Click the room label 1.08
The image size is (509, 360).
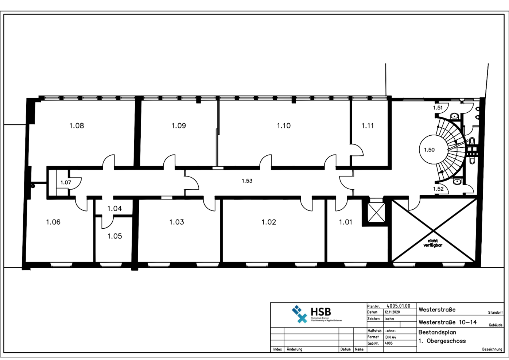[x=77, y=126]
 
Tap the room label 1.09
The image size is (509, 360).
[x=179, y=126]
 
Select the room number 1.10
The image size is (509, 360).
[x=284, y=126]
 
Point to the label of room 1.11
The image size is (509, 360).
[x=368, y=126]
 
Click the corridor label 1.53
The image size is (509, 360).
[x=247, y=181]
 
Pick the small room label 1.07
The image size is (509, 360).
[x=66, y=183]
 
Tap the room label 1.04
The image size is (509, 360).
[x=114, y=209]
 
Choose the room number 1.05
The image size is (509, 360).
[x=114, y=236]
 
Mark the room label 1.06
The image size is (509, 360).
[x=53, y=222]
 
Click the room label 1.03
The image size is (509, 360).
[x=176, y=222]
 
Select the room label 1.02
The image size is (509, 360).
[x=269, y=222]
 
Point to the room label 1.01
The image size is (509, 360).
[x=346, y=222]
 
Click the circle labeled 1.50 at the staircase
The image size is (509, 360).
[x=430, y=150]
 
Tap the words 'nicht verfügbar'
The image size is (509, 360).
[x=433, y=243]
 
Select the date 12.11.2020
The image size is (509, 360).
[x=392, y=313]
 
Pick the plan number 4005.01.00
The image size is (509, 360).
[x=398, y=306]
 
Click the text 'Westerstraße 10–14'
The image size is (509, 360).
[x=447, y=322]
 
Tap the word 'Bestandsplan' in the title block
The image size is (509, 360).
[x=437, y=333]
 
